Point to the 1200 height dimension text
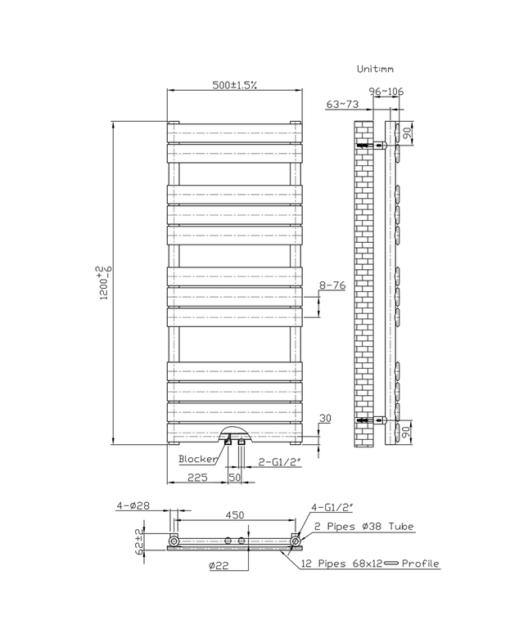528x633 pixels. pyautogui.click(x=103, y=282)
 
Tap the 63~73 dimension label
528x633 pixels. pyautogui.click(x=343, y=104)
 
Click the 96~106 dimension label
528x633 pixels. pyautogui.click(x=386, y=92)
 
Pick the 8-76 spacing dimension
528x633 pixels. pyautogui.click(x=332, y=285)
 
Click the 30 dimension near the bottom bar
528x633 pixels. pyautogui.click(x=325, y=419)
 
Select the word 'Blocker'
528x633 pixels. pyautogui.click(x=198, y=459)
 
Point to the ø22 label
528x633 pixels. pyautogui.click(x=218, y=565)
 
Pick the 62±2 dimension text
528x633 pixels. pyautogui.click(x=140, y=541)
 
